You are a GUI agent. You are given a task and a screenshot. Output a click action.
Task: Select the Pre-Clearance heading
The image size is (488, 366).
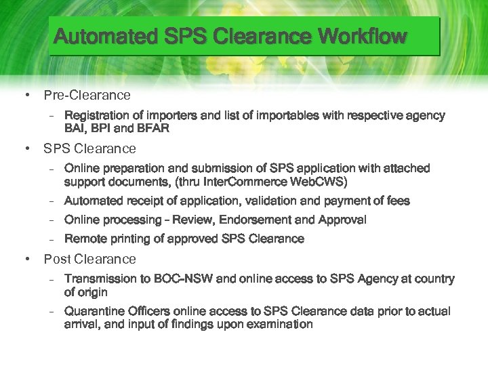coord(87,95)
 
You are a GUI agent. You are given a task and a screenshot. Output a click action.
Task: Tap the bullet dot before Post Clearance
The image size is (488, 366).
coord(26,259)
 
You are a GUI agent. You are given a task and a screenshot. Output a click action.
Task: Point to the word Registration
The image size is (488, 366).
coord(96,116)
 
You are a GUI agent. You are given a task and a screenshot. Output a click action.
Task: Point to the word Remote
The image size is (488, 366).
coord(83,239)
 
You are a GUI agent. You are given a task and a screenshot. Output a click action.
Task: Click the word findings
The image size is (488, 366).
coord(191,324)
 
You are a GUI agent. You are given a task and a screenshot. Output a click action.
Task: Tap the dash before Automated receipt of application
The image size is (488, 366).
coord(52,201)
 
